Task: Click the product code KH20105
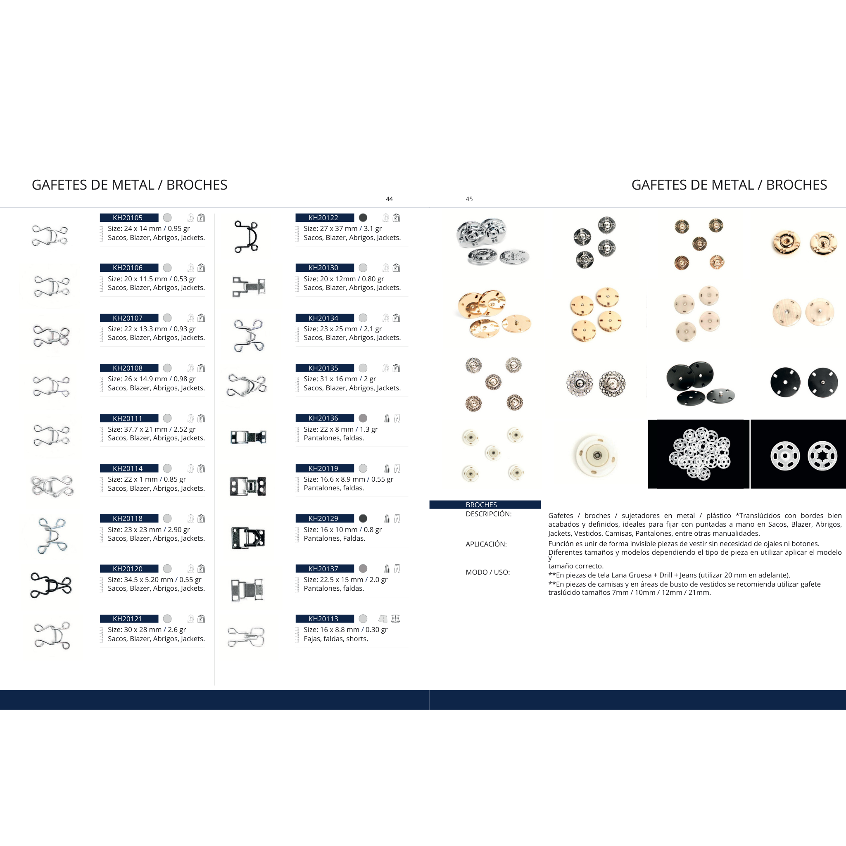127,218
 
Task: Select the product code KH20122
323,218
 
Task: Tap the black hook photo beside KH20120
51,585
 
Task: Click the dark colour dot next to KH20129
363,518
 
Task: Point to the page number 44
389,199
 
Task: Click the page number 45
469,199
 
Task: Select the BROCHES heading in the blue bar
481,505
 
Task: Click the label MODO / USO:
488,572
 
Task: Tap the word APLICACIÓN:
486,544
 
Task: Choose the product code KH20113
323,619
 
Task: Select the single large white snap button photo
596,455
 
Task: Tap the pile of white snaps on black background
699,454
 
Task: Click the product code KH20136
323,418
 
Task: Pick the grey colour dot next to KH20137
363,568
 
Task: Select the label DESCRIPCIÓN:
489,514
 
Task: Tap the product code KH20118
127,518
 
